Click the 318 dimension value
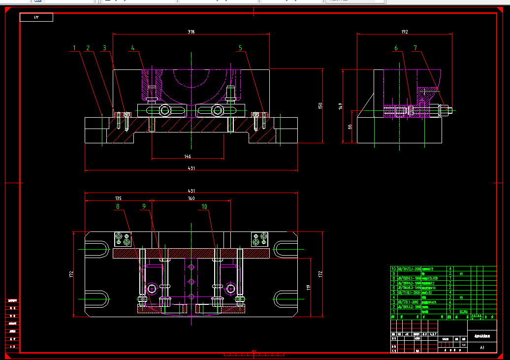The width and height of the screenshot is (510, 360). click(191, 32)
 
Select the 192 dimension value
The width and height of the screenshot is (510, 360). click(404, 32)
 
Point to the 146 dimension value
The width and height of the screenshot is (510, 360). click(188, 156)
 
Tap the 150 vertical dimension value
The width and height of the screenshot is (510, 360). click(319, 106)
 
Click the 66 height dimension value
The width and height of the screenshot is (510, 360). click(350, 127)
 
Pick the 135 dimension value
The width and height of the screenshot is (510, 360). click(119, 198)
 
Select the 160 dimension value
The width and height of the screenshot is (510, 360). click(191, 198)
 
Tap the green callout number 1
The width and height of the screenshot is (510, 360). click(74, 48)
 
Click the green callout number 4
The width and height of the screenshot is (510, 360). click(132, 48)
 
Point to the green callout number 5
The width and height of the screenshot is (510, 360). click(240, 48)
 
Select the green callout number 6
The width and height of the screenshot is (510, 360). click(395, 48)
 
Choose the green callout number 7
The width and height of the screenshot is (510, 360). click(415, 48)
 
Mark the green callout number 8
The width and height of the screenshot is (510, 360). click(118, 207)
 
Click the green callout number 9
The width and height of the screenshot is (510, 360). click(144, 207)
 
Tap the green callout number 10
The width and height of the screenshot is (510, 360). click(204, 207)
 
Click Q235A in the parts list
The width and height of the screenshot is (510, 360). click(463, 311)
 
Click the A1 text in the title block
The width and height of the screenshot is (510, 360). click(482, 347)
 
